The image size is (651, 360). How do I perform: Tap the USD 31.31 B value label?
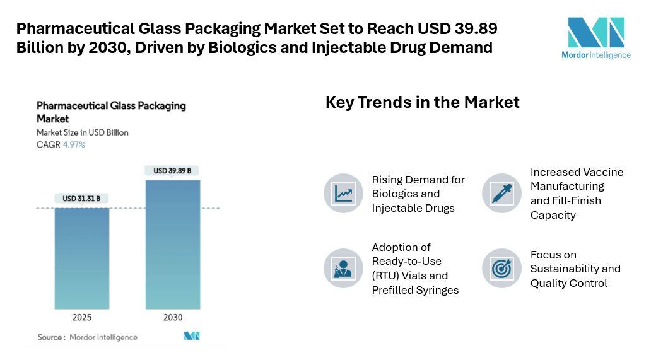click(x=81, y=199)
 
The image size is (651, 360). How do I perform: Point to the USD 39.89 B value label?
click(x=172, y=170)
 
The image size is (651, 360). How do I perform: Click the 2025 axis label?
click(x=81, y=316)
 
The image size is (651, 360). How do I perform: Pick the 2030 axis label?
click(x=172, y=316)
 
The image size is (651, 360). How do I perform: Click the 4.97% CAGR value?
click(x=74, y=144)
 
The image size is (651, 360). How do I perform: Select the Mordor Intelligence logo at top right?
click(x=595, y=38)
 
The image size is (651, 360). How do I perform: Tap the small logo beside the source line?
click(x=192, y=336)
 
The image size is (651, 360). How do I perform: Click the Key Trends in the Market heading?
click(x=422, y=102)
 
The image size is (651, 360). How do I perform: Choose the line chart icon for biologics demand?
click(x=344, y=193)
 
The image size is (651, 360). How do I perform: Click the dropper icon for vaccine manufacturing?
click(x=502, y=192)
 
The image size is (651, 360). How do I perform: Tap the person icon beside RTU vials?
click(x=344, y=268)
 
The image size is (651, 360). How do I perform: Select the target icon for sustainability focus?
click(x=502, y=268)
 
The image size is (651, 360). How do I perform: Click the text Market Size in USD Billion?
click(x=83, y=132)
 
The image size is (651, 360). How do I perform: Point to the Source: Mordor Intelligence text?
click(x=87, y=337)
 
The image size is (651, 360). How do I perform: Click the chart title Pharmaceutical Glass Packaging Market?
click(x=111, y=112)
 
